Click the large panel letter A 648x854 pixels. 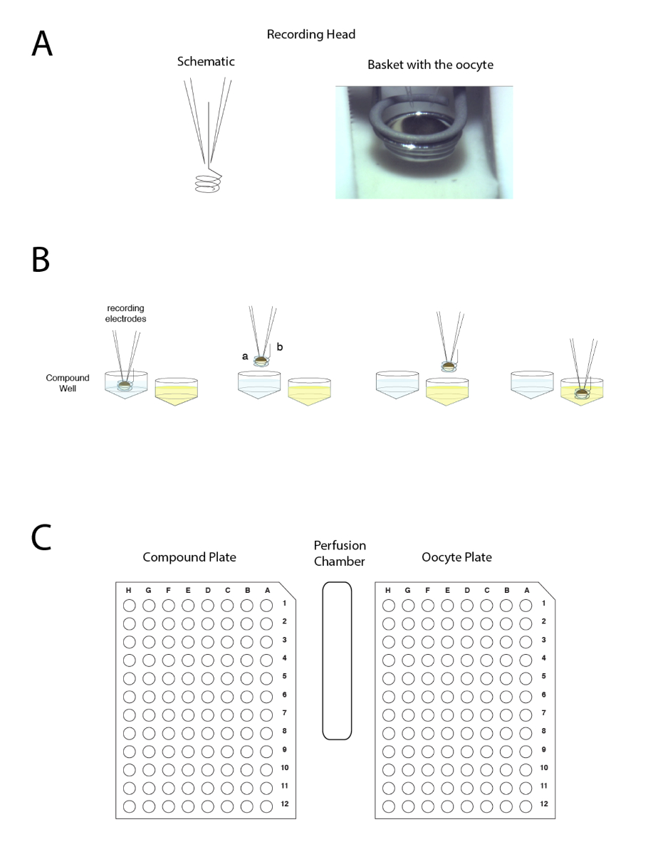point(41,43)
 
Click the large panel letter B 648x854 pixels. point(40,260)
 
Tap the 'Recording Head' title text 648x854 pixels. point(310,34)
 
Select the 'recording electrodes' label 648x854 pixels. point(125,313)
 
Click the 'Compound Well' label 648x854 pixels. point(68,383)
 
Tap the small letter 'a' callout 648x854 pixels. point(245,356)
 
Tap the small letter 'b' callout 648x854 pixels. point(279,347)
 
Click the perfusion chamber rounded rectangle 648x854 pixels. point(337,660)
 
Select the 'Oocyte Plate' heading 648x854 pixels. point(456,557)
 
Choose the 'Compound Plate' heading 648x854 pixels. point(189,557)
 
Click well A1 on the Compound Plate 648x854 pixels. point(266,606)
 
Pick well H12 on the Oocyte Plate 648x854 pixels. point(388,806)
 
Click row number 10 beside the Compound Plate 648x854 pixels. point(285,768)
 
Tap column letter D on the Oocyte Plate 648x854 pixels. point(467,591)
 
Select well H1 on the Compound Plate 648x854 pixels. point(129,606)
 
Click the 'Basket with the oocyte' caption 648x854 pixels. point(430,65)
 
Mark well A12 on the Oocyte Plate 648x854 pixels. point(526,806)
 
